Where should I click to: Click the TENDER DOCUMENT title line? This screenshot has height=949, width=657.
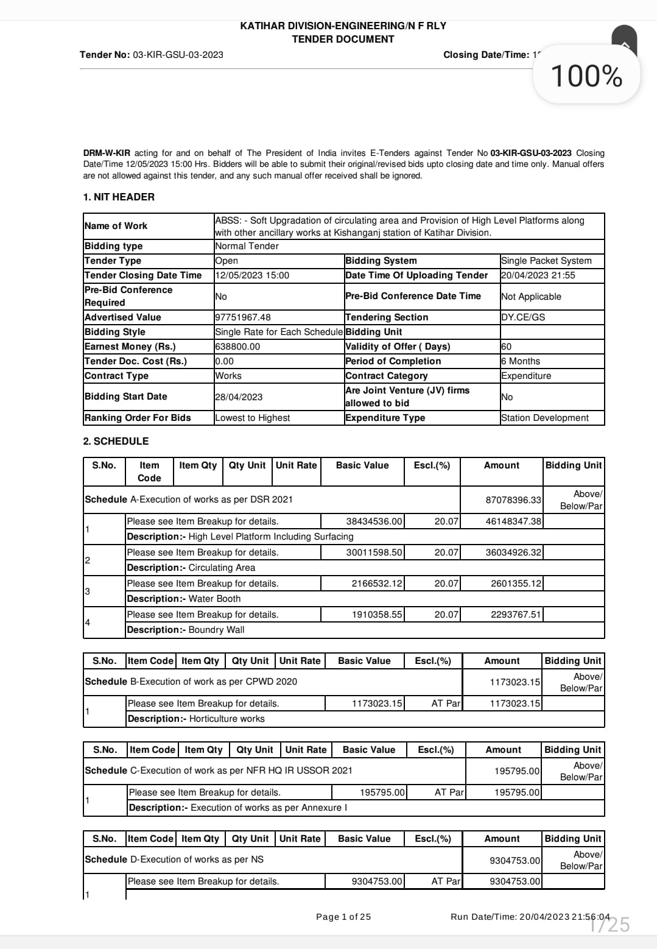(x=343, y=39)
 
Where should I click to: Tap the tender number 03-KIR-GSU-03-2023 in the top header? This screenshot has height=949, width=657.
(x=178, y=55)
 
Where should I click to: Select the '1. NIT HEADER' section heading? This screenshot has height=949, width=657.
(x=119, y=197)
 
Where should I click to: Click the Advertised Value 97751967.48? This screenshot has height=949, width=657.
(x=243, y=317)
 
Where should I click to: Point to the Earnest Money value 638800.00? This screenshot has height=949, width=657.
(x=237, y=347)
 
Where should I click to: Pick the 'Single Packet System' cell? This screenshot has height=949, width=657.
(x=546, y=261)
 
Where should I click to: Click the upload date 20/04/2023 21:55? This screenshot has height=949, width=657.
(x=538, y=275)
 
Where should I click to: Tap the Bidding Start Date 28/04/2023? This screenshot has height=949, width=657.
(x=239, y=397)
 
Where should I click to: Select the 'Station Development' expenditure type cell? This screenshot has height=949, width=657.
(x=544, y=418)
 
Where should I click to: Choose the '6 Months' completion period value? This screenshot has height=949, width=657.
(x=521, y=361)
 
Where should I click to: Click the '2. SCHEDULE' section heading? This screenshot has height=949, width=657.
(x=116, y=441)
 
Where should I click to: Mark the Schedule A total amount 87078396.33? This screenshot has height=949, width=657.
(x=513, y=500)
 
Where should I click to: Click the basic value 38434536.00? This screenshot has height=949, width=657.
(x=374, y=521)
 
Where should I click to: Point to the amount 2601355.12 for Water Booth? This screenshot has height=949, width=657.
(x=515, y=584)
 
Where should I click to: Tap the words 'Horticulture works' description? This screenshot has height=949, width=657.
(x=227, y=719)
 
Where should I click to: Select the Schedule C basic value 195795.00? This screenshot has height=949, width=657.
(x=382, y=792)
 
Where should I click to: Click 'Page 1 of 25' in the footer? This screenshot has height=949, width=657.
(x=343, y=917)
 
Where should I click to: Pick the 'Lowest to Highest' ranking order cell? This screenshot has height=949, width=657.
(x=252, y=418)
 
